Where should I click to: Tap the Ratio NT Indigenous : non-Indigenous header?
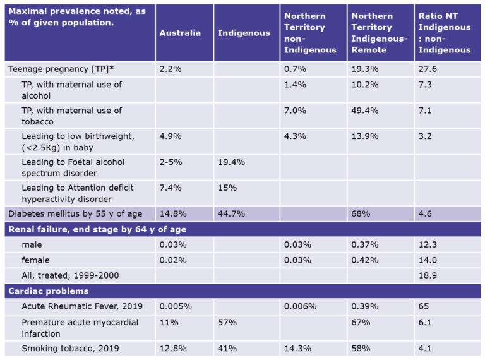[445, 33]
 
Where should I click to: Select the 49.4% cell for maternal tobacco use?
[364, 111]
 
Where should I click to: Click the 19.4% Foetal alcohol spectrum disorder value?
[231, 162]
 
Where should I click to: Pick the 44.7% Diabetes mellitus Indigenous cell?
[231, 213]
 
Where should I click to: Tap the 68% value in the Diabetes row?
[361, 213]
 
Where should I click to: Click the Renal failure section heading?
[97, 229]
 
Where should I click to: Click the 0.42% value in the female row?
[364, 260]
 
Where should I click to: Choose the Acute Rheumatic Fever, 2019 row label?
[82, 306]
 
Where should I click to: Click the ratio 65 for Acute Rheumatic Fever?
[424, 306]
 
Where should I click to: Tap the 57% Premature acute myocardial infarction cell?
[227, 322]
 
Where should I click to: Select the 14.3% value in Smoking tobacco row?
[296, 348]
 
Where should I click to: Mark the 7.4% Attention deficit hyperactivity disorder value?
[170, 188]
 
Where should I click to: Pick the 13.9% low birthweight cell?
[364, 136]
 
